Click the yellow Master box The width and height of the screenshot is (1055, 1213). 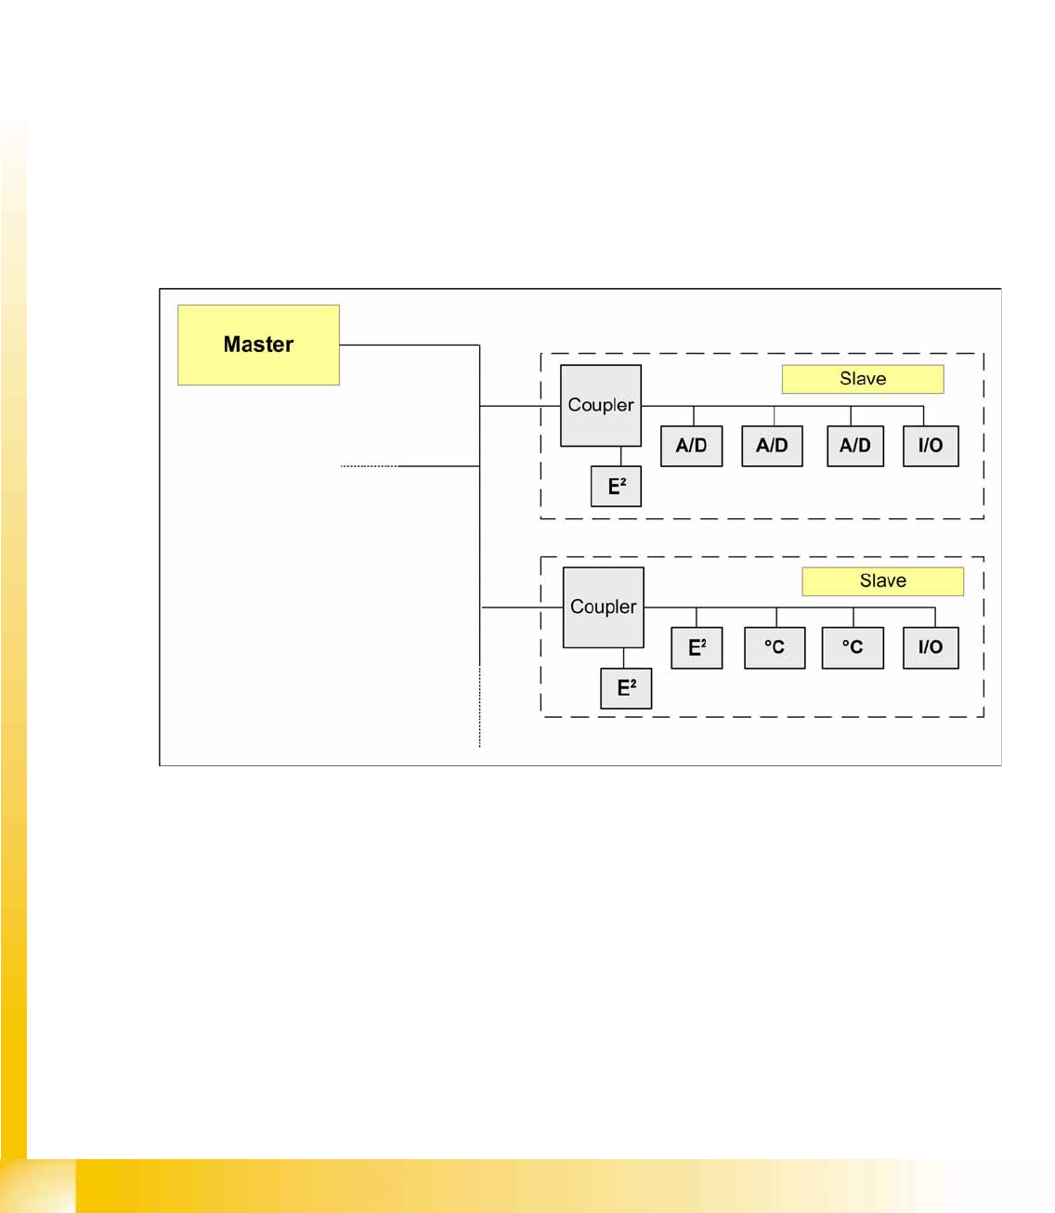[x=258, y=345]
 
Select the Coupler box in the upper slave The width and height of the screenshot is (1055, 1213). [x=601, y=406]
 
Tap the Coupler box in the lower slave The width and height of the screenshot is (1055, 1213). [x=604, y=607]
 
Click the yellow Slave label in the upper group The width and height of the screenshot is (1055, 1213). [x=863, y=379]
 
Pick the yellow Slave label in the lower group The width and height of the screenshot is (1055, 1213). [x=882, y=581]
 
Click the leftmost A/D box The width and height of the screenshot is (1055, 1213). [x=691, y=446]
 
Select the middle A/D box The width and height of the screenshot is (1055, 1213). [x=772, y=446]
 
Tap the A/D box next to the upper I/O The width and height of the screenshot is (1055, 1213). [x=855, y=446]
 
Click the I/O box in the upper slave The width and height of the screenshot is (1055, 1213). [x=931, y=446]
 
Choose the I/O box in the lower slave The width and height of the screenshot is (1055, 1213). [x=931, y=647]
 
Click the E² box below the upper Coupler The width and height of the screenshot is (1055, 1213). [x=617, y=487]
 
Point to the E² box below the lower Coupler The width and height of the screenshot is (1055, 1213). [x=626, y=688]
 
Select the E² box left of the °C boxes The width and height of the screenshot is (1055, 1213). [x=697, y=647]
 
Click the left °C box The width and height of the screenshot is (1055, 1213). [x=775, y=647]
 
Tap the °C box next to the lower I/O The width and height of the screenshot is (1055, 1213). [x=853, y=647]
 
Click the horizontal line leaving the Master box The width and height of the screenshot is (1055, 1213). [x=409, y=346]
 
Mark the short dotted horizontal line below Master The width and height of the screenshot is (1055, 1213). [x=369, y=465]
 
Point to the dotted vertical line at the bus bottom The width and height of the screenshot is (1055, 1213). [x=479, y=706]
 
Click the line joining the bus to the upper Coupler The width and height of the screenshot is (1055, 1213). [x=520, y=406]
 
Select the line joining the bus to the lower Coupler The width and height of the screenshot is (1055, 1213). [x=522, y=607]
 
